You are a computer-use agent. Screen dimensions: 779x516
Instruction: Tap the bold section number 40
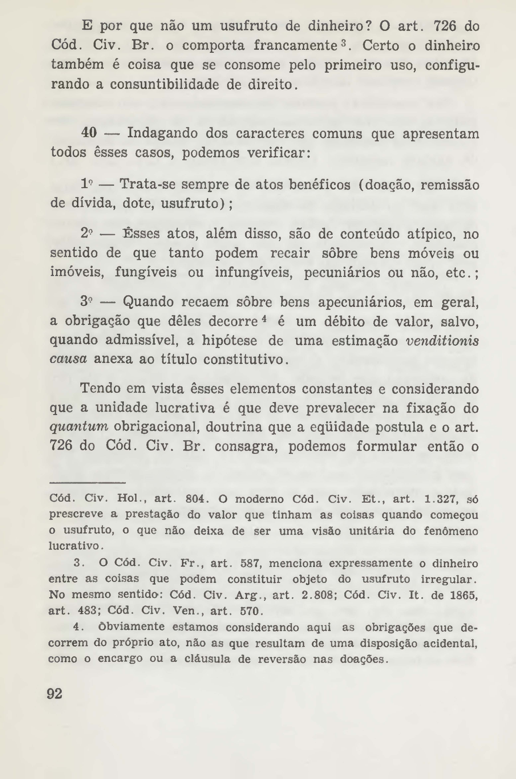[x=89, y=133]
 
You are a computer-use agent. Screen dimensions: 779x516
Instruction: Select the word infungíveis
[x=253, y=273]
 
